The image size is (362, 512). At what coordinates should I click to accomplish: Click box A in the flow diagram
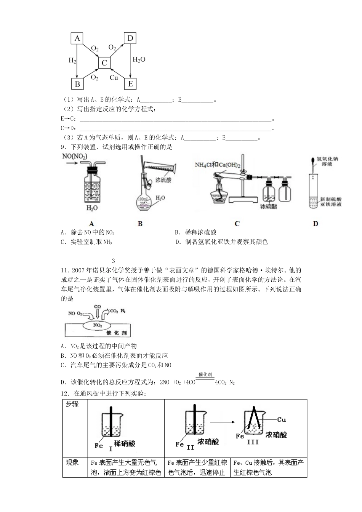click(77, 38)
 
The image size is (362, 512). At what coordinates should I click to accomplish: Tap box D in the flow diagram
click(130, 38)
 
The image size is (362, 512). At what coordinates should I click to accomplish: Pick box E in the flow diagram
click(130, 84)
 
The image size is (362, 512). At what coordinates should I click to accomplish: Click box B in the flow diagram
click(77, 84)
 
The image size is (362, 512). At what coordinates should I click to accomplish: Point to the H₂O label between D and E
click(139, 60)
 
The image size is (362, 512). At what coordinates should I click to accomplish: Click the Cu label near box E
click(114, 78)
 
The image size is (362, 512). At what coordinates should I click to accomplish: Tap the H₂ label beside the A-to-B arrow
click(72, 60)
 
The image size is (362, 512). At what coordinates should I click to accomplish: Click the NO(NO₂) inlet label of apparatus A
click(75, 157)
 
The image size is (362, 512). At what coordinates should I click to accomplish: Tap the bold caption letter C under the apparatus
click(237, 224)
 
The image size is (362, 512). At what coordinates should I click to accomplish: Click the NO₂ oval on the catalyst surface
click(98, 325)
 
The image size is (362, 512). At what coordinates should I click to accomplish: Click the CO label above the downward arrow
click(98, 306)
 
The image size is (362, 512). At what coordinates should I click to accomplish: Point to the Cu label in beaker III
click(281, 419)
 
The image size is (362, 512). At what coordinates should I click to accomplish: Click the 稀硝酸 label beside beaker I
click(125, 443)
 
